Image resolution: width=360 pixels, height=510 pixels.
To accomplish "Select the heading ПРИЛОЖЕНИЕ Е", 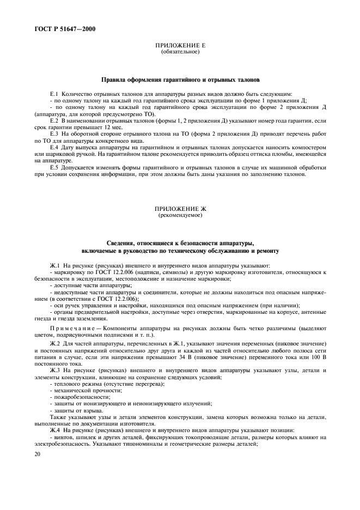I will (180, 46).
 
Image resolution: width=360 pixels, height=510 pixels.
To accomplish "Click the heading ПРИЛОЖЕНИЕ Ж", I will (180, 209).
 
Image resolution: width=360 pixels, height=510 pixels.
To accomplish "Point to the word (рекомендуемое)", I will (180, 215).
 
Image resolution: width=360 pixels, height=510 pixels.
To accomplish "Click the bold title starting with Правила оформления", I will (180, 79).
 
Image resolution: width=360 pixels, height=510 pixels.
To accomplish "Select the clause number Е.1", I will (54, 94).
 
